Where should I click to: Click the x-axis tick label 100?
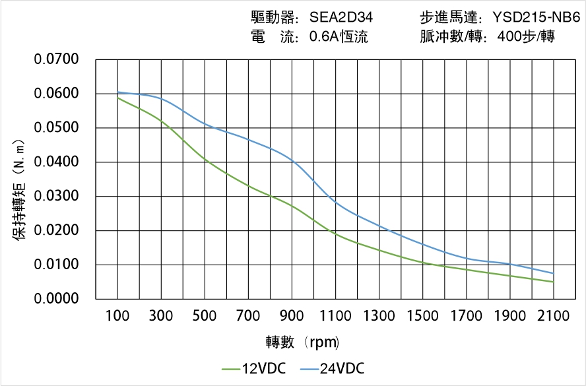coord(118,316)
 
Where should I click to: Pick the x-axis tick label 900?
coord(292,316)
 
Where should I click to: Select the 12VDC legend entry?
coord(255,368)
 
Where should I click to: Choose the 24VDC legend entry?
coord(333,368)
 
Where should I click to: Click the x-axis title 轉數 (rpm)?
coord(302,342)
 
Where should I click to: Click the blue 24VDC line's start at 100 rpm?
coord(118,92)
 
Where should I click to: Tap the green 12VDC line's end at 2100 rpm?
coord(553,282)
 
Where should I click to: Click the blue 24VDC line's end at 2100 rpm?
coord(553,273)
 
